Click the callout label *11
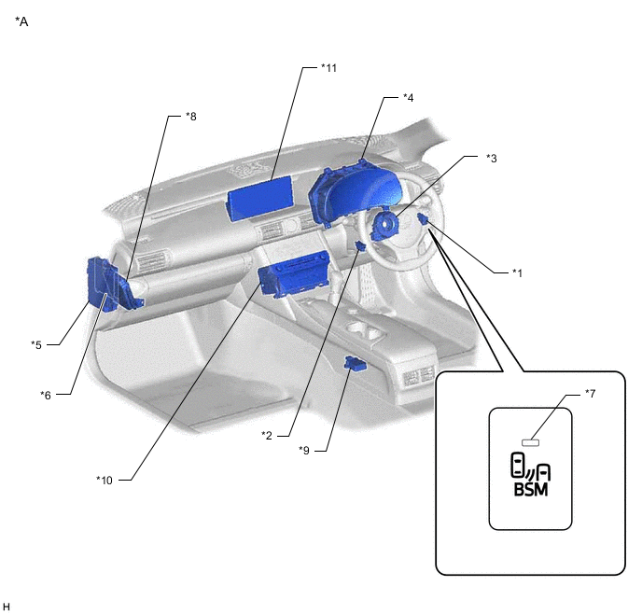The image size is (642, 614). [x=328, y=68]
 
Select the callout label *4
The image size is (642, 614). [x=408, y=97]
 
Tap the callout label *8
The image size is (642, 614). [x=190, y=117]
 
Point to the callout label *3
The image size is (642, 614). [x=492, y=158]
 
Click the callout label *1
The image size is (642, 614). [x=518, y=273]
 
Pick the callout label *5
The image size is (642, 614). [x=36, y=344]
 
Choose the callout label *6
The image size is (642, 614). [x=46, y=395]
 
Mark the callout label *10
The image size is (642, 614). [x=105, y=480]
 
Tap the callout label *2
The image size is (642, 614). [x=267, y=435]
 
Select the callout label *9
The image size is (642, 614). [x=304, y=451]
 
